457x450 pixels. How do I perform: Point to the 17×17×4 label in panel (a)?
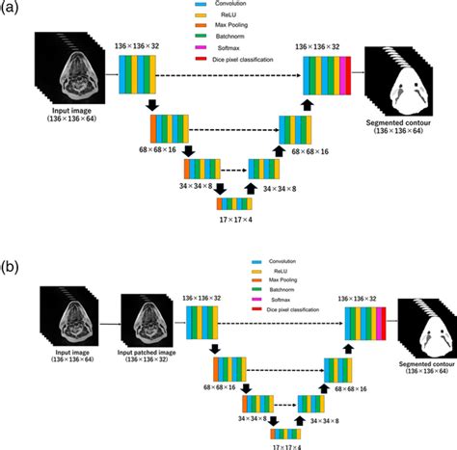coord(235,221)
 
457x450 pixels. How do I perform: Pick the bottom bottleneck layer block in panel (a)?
coord(235,202)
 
